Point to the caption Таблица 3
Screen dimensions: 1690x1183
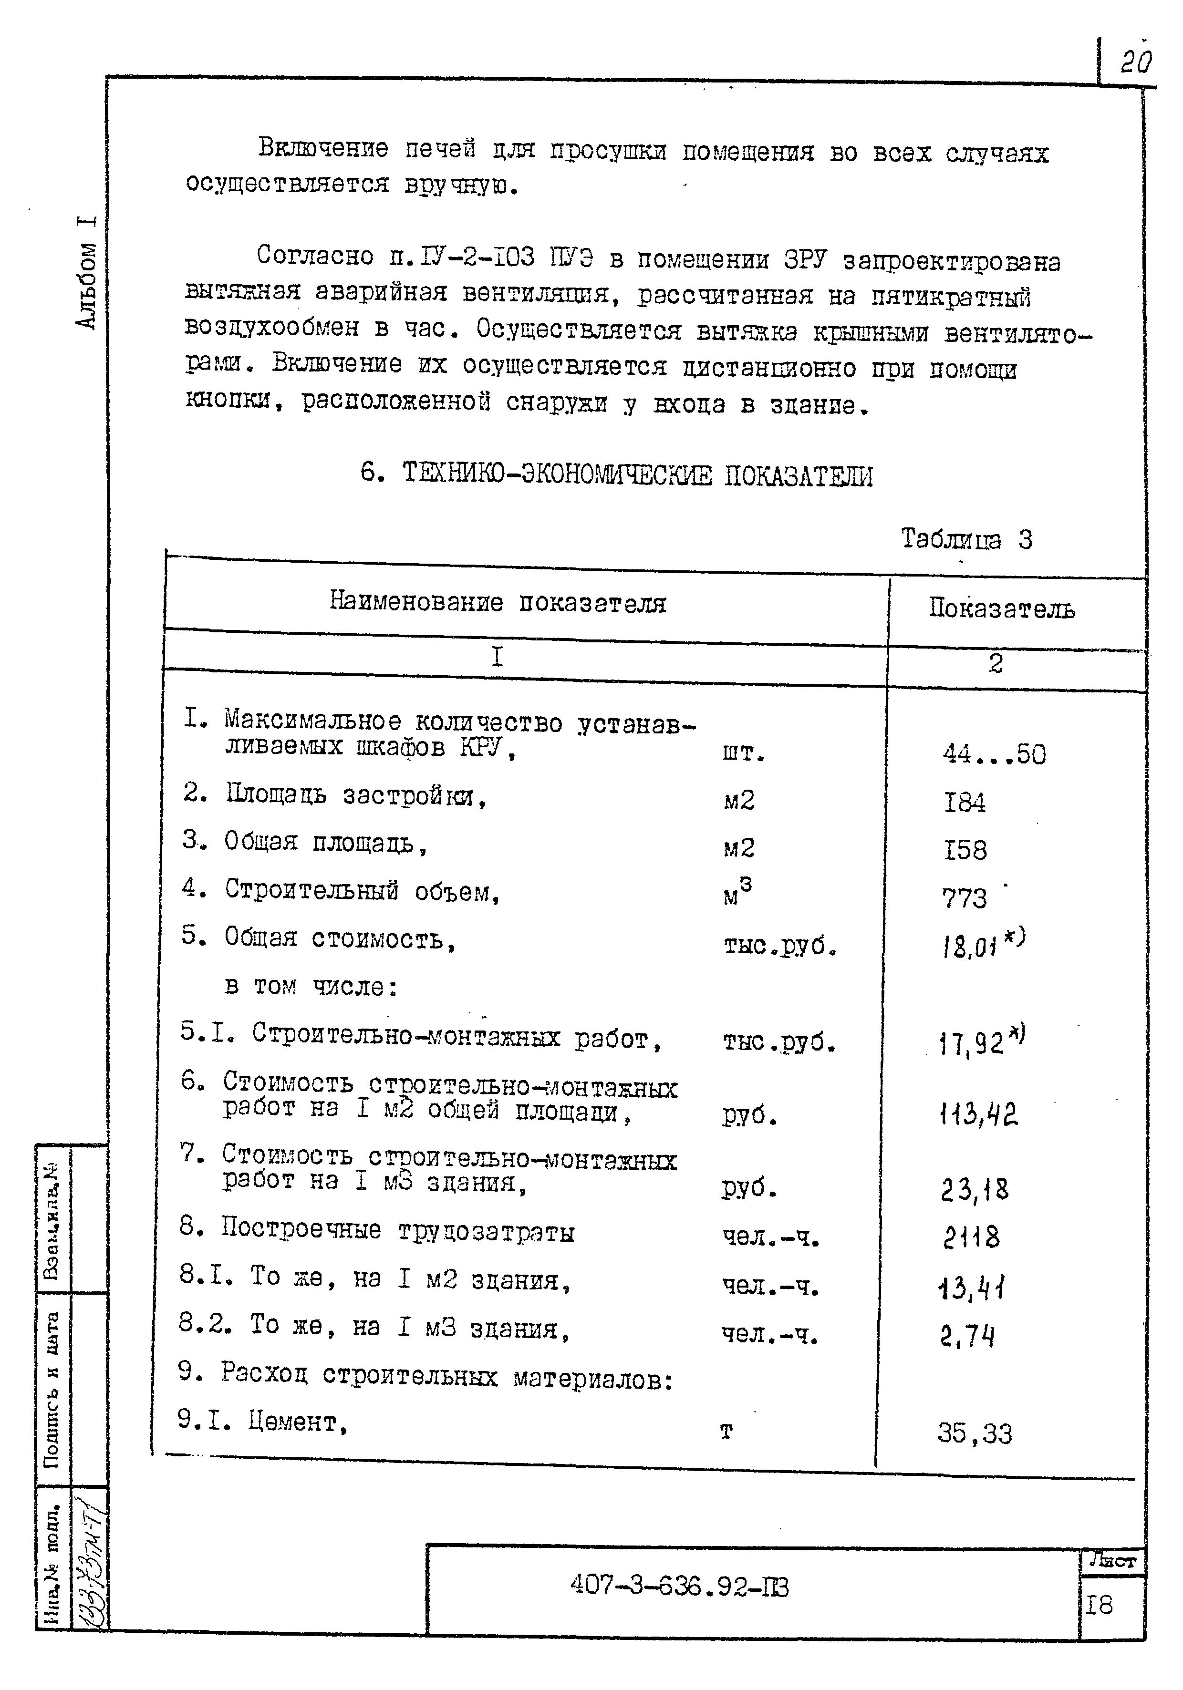966,539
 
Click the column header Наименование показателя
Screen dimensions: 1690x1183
498,602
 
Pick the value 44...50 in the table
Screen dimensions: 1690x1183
994,754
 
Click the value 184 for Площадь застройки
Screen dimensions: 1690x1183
965,802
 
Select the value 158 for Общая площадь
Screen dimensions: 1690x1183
965,850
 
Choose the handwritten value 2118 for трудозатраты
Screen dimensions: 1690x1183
971,1238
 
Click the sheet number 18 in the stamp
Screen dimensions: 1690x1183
1099,1605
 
